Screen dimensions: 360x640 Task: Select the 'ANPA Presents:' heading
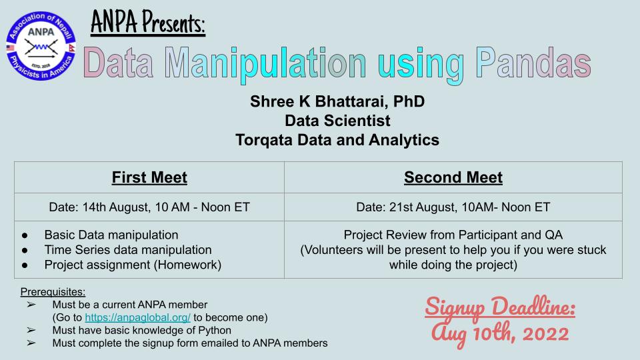[147, 25]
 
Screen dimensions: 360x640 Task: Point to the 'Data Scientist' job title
[337, 121]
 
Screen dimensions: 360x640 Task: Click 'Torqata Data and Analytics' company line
[337, 140]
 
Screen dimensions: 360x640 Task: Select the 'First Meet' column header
[149, 177]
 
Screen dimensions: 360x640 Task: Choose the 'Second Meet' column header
[453, 177]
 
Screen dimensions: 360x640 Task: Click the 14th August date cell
[149, 207]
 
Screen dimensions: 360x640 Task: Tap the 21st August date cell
[453, 207]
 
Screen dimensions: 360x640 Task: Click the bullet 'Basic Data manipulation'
[111, 235]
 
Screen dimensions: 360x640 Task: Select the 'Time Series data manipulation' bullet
[128, 249]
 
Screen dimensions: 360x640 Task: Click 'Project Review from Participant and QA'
[453, 235]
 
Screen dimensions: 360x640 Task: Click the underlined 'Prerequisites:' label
[53, 292]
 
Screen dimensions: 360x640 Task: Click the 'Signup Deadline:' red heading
[500, 309]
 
